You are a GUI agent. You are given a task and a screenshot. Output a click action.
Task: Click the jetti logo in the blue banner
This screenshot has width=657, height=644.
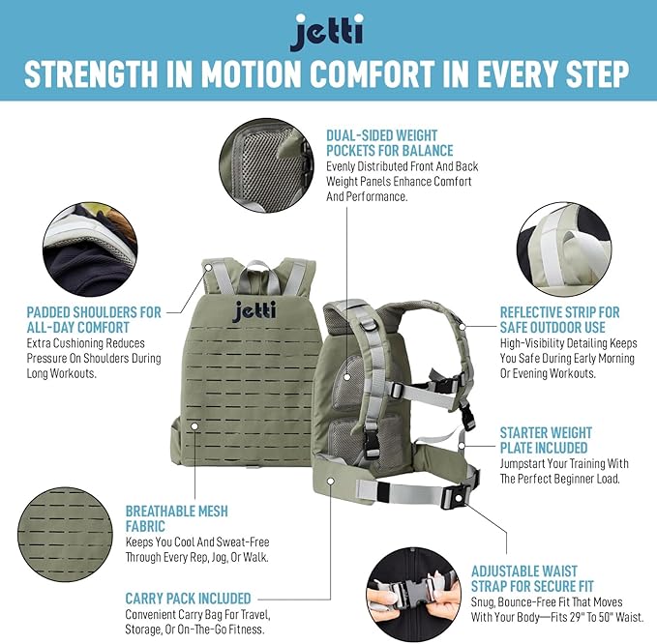pos(327,32)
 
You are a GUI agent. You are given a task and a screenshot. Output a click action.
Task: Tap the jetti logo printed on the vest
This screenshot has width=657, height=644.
pos(254,311)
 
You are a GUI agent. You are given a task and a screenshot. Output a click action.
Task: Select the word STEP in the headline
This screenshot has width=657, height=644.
pos(598,73)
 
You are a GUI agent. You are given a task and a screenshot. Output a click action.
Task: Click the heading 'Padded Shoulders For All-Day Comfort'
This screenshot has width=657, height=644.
pos(94,320)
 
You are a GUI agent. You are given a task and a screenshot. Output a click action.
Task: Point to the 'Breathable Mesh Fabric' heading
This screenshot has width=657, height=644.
pos(177,518)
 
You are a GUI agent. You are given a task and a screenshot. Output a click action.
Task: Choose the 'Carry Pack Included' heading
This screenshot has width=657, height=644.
pos(188,599)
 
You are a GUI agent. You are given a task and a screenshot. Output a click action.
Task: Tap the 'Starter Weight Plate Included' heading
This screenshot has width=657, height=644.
pos(546,440)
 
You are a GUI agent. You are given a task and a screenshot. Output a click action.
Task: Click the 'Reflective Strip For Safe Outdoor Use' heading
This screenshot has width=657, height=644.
pos(560,320)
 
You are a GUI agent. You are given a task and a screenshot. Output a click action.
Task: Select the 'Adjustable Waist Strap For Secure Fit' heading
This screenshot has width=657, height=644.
pos(532,578)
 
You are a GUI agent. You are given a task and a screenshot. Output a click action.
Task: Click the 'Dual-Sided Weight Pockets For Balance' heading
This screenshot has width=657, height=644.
pos(390,143)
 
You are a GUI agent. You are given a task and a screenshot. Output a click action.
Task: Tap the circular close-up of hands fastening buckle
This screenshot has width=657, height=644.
pos(413,594)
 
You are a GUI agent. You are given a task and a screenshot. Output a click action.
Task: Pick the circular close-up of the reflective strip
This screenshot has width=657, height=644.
pos(564,249)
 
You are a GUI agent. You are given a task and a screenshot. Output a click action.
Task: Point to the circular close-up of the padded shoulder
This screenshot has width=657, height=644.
pos(90,249)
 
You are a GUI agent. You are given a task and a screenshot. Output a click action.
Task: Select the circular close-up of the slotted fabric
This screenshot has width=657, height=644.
pos(66,535)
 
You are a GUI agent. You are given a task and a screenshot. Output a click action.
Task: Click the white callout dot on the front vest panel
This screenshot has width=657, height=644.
pos(194,426)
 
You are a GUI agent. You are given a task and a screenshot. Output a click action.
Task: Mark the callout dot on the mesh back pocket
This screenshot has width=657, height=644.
pos(347,377)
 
